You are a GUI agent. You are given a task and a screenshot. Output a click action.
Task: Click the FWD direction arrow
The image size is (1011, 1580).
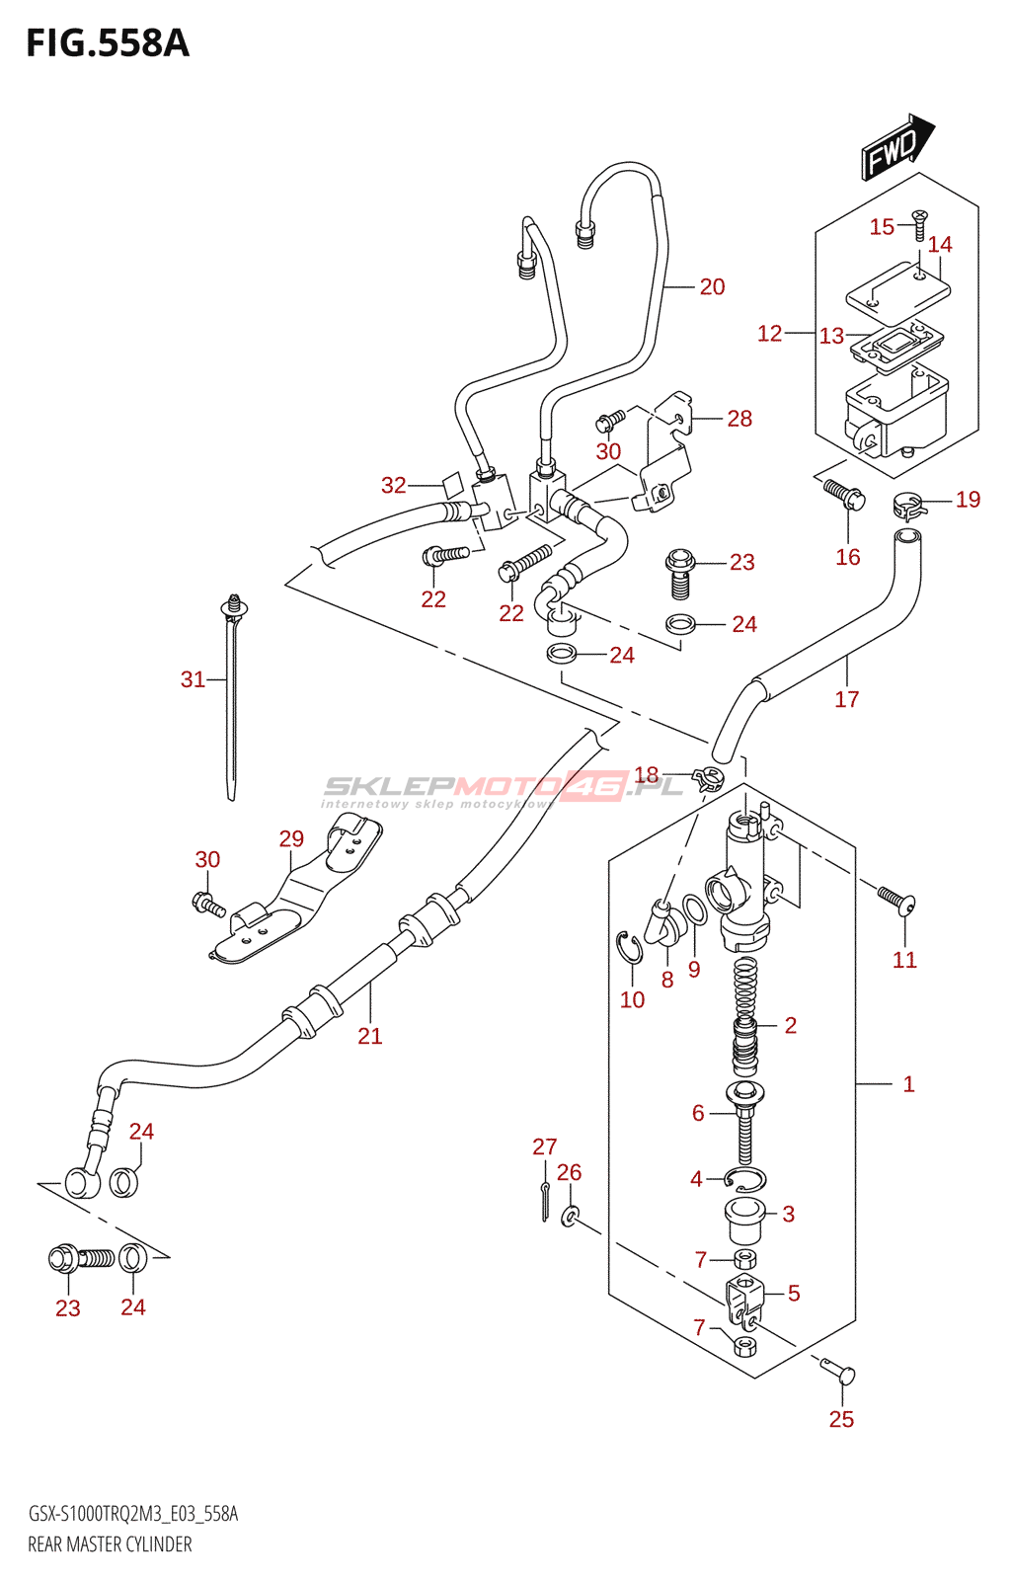(x=897, y=147)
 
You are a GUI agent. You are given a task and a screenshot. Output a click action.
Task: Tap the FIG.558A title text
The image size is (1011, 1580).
(x=107, y=44)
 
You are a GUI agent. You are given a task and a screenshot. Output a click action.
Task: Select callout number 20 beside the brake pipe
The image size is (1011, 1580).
(x=712, y=287)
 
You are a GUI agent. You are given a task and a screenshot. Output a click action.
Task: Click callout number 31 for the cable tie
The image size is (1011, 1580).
(x=193, y=679)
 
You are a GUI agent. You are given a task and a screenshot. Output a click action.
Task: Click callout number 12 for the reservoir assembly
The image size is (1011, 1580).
(x=769, y=334)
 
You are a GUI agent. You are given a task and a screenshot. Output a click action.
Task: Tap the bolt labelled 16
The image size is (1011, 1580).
(x=843, y=492)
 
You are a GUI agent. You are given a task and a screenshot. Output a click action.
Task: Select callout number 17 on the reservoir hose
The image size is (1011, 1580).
(x=846, y=700)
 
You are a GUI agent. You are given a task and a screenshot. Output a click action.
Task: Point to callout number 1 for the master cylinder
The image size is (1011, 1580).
(x=908, y=1084)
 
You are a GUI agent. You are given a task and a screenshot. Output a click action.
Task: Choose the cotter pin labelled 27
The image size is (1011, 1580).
(x=545, y=1200)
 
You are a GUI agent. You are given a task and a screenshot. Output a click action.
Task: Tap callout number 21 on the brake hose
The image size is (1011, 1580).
(x=369, y=1036)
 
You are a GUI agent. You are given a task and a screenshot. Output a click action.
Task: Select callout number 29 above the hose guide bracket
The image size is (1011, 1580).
(x=291, y=839)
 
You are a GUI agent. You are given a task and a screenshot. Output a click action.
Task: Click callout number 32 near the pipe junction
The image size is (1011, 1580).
(x=393, y=485)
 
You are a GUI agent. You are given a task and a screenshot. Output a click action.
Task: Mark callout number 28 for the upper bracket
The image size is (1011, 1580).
(x=739, y=419)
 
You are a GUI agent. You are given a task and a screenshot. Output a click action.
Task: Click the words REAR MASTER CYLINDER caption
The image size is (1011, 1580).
(x=110, y=1544)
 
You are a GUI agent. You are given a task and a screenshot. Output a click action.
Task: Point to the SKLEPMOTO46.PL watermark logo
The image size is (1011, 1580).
(x=504, y=787)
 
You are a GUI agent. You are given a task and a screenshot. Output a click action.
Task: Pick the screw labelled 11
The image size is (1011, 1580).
(x=896, y=900)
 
